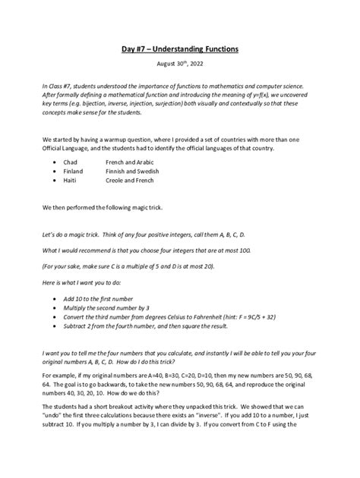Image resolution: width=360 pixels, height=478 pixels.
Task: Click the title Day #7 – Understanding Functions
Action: tap(180, 49)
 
